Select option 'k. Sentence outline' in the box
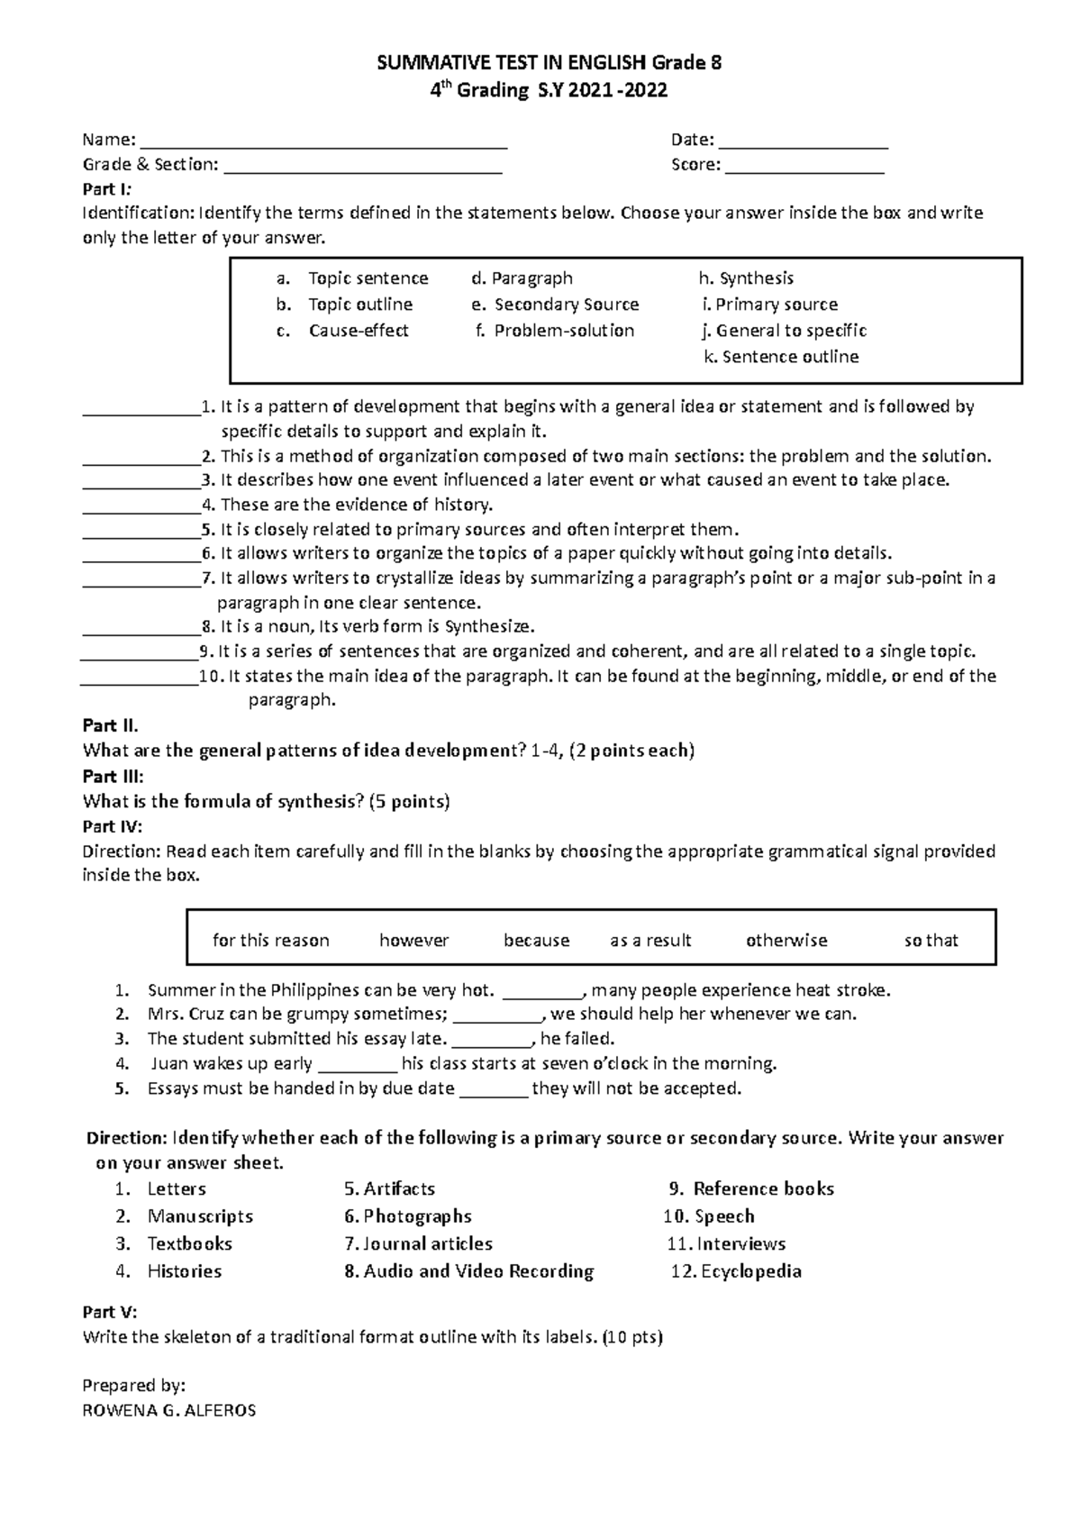click(x=781, y=357)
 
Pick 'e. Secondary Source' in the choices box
click(x=555, y=305)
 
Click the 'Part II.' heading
click(x=110, y=725)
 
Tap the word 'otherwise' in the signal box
click(x=786, y=940)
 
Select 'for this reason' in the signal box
click(x=271, y=940)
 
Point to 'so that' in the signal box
click(x=931, y=940)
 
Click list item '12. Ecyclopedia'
click(x=737, y=1271)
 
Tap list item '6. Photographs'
click(x=408, y=1216)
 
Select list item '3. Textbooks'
click(x=177, y=1243)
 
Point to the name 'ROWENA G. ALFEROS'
click(x=168, y=1410)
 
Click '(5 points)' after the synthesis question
click(x=409, y=801)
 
